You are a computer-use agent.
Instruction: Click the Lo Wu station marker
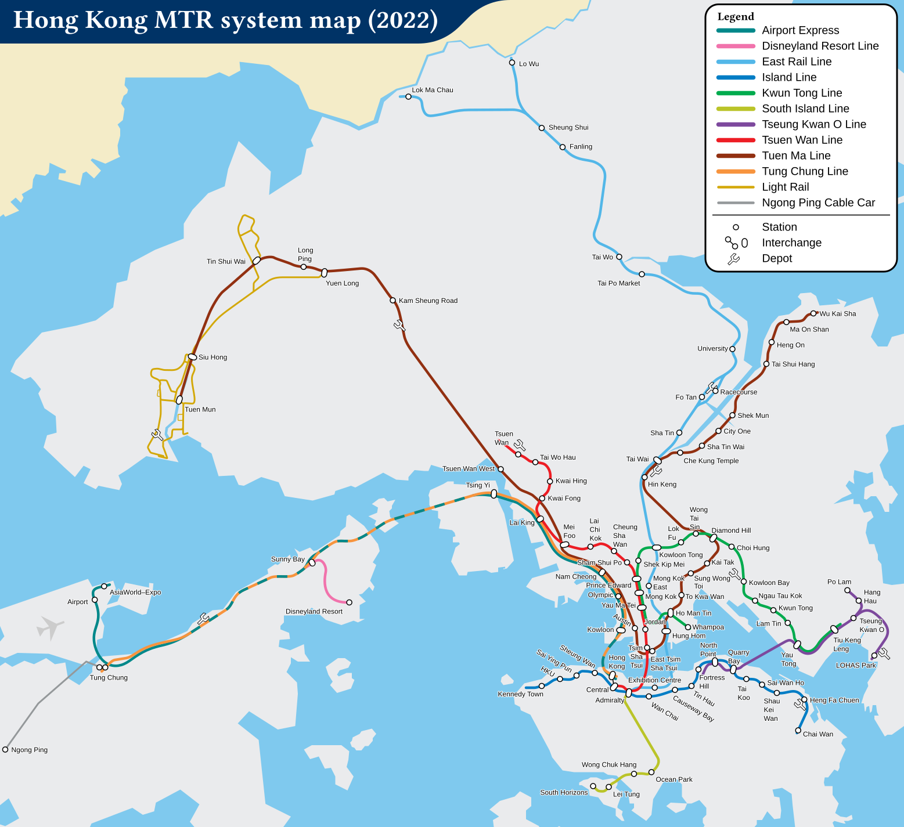click(x=512, y=63)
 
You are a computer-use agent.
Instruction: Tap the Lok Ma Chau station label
click(x=432, y=90)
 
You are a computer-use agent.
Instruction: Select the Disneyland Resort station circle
click(x=349, y=602)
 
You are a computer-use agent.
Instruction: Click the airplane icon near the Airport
click(x=50, y=627)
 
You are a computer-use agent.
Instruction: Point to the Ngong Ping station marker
click(x=5, y=749)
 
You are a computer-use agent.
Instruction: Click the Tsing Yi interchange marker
click(x=494, y=494)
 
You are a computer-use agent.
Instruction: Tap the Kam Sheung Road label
click(x=428, y=301)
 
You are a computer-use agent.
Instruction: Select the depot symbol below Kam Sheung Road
click(x=399, y=325)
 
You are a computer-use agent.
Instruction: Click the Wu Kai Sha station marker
click(x=813, y=313)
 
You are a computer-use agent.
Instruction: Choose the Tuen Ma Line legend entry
click(x=795, y=156)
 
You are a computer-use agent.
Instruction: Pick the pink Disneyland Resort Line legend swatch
click(x=736, y=46)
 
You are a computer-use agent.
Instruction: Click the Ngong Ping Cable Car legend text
click(x=818, y=203)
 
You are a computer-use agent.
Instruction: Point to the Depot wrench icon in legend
click(x=734, y=259)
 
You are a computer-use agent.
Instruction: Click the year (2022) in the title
click(x=403, y=20)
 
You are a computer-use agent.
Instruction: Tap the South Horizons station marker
click(x=593, y=786)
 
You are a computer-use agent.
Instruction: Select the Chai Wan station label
click(x=817, y=734)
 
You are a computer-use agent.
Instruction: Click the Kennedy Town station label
click(x=520, y=694)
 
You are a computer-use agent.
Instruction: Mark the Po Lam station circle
click(x=847, y=590)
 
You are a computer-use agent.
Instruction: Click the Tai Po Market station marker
click(x=642, y=274)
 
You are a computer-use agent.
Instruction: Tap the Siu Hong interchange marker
click(x=193, y=357)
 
